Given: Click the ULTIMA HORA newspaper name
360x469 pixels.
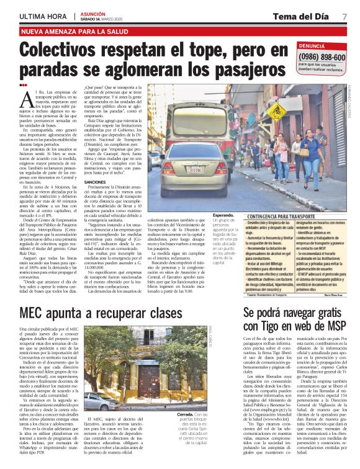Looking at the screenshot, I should pyautogui.click(x=43, y=16).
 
